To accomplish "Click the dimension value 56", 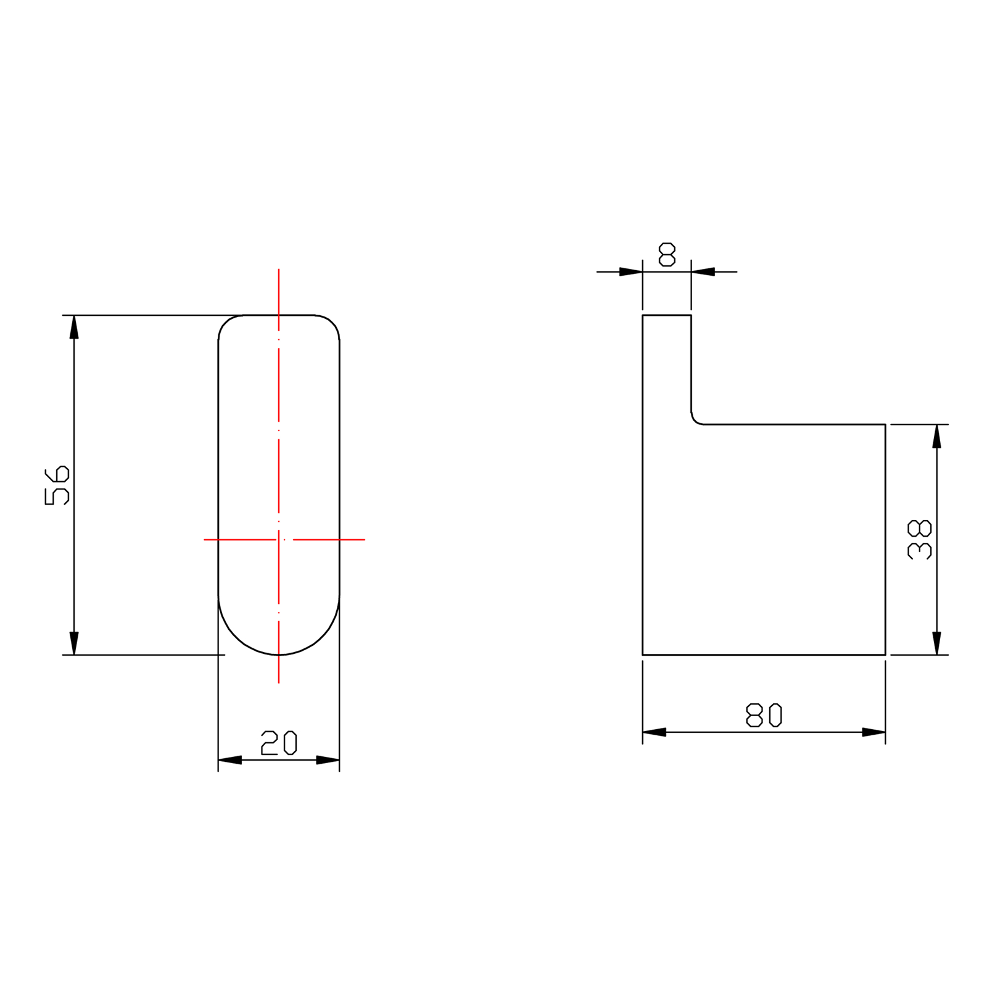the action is tap(57, 485).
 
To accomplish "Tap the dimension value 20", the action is tap(279, 743).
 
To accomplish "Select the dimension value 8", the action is tap(667, 255).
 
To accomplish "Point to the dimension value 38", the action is tap(919, 540).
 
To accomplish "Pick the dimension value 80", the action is tap(764, 715).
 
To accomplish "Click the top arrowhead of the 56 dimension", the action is tap(74, 327).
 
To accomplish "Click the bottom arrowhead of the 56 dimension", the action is tap(74, 643).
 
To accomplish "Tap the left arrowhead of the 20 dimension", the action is tap(229, 760).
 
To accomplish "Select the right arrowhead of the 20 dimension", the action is tap(328, 760).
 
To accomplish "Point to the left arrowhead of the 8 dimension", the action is tap(631, 271).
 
